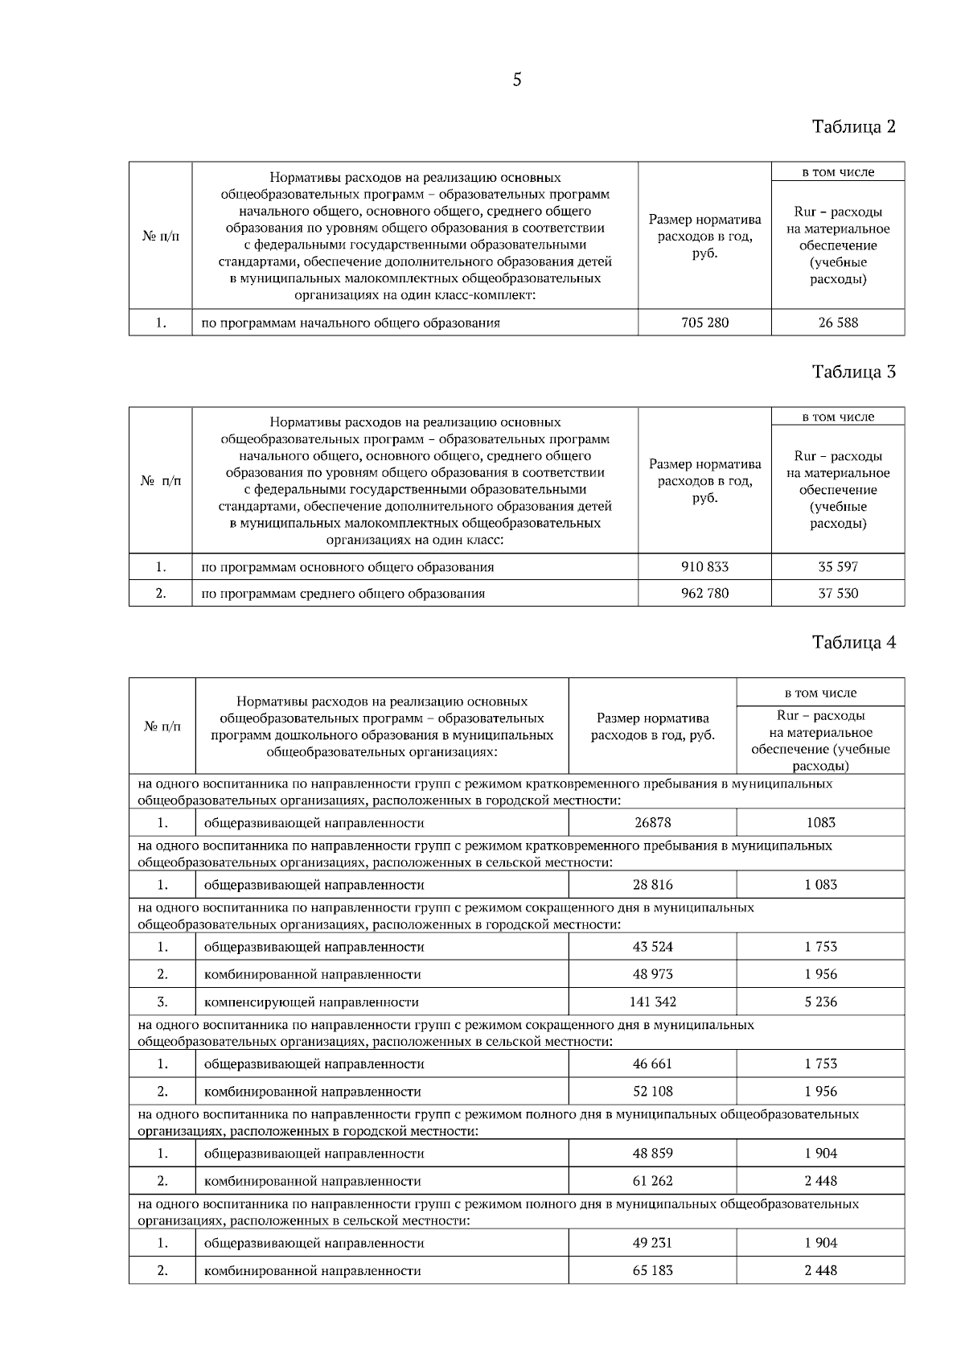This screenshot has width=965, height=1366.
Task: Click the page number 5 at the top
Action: coord(516,80)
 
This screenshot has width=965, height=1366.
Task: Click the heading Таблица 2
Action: coord(853,126)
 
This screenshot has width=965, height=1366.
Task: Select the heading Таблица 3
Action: coord(853,372)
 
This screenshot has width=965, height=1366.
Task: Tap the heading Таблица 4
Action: coord(853,642)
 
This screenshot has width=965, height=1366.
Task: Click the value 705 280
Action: coord(704,323)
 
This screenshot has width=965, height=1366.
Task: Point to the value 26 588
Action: coord(838,323)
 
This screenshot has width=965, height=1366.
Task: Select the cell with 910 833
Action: coord(704,566)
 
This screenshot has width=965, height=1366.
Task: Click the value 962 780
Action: coord(704,594)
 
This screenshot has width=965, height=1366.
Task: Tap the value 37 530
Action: coord(838,594)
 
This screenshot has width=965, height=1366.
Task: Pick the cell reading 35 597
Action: coord(838,566)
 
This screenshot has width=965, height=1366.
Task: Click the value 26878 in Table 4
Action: coord(652,822)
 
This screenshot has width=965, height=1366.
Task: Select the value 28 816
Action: coord(652,885)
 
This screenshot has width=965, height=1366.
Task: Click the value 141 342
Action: coord(652,1002)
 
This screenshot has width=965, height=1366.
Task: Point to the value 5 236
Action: coord(821,1002)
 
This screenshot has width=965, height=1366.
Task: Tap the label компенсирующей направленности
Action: coord(311,1002)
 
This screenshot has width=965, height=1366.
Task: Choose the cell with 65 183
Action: coord(652,1270)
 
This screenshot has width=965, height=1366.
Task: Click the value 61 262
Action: coord(652,1181)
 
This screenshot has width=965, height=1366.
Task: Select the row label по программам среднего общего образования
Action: coord(343,594)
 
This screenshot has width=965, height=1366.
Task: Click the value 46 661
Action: coord(652,1064)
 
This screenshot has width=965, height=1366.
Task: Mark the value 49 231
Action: coord(652,1242)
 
